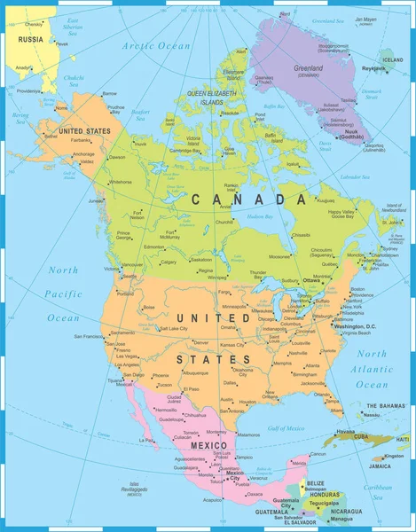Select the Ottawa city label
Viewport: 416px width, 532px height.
(311, 280)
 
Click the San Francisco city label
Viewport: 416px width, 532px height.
(90, 337)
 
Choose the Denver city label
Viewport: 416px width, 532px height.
(200, 341)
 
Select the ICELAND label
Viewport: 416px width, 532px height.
(392, 59)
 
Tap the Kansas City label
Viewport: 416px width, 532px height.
(233, 343)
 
